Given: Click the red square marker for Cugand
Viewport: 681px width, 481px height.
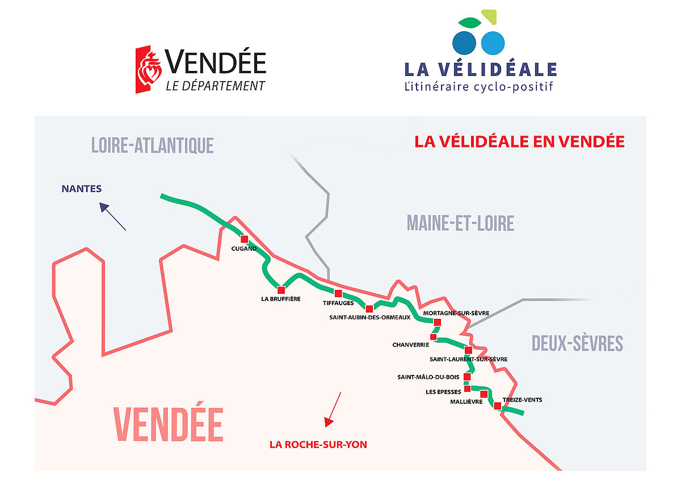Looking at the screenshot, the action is pos(245,239).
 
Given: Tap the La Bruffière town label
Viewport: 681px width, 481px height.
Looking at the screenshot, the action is pos(280,299).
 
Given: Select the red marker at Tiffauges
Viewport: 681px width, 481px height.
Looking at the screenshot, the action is pos(338,293).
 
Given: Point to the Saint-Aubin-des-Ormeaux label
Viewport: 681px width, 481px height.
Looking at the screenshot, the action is pos(369,318).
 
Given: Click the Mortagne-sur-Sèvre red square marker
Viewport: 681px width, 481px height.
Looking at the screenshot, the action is pos(437,322).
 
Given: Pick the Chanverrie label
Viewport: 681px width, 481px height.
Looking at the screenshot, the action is pos(411,345).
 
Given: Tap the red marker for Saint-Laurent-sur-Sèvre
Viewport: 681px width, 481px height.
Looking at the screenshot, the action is pos(469,351).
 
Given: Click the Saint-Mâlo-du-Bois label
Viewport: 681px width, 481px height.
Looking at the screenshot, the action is pos(428,377).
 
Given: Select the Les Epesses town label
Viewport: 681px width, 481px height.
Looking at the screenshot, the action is pos(443,392).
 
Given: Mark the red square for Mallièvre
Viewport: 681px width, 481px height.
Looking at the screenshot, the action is pos(484,394).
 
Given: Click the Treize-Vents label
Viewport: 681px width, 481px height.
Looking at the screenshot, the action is pos(522,400).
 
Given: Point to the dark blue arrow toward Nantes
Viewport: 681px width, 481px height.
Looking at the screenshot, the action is pos(112,216).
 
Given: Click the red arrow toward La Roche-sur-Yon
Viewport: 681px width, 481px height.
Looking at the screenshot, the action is pos(333,410).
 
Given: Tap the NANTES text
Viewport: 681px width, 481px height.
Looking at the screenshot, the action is pos(82,189).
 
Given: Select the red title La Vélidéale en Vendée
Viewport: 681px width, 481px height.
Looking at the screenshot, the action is pos(519,142).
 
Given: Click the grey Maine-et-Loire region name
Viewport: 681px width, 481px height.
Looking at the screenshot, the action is pos(460,223).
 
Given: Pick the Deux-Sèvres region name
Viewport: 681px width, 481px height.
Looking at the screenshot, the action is pos(577,344).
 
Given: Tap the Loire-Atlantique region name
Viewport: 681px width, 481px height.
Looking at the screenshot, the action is pos(152,146).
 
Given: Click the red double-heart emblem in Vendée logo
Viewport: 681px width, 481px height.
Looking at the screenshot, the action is pos(149,69).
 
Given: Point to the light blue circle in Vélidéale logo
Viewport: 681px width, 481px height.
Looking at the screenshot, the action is pos(493,43).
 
